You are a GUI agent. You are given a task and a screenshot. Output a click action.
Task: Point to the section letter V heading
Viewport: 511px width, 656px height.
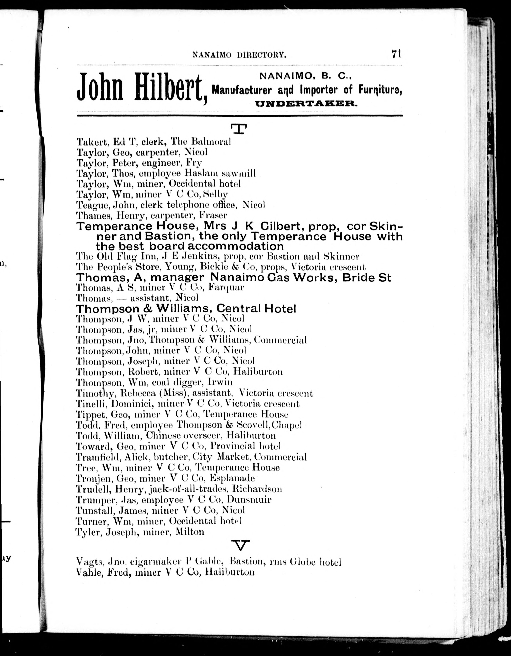[x=241, y=545]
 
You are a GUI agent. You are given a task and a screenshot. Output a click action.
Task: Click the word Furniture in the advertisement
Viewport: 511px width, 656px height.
[x=380, y=89]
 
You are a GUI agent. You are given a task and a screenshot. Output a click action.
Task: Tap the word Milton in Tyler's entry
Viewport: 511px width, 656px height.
[x=190, y=532]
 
